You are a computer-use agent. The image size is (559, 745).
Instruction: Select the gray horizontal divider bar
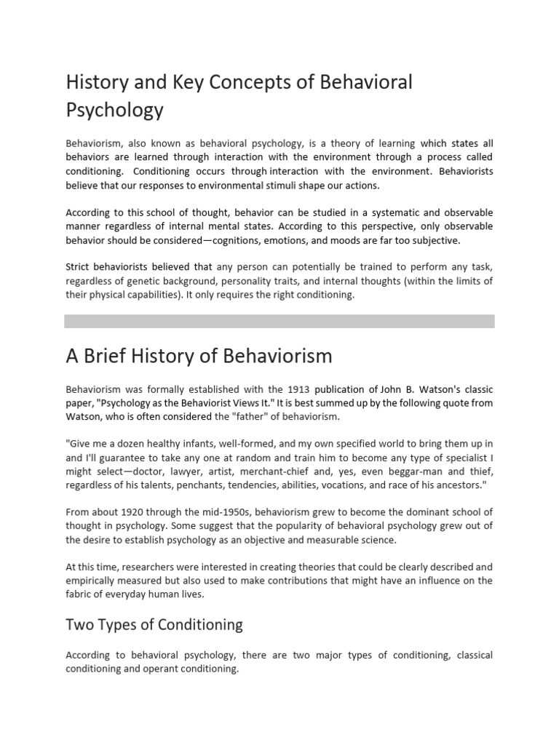279,321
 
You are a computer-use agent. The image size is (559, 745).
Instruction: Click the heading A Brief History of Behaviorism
199,356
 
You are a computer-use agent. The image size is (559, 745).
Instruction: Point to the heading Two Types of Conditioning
154,625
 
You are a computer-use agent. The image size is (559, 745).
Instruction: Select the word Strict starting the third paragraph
80,266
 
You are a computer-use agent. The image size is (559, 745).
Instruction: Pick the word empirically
92,580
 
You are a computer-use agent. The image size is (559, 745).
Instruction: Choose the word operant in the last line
157,669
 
